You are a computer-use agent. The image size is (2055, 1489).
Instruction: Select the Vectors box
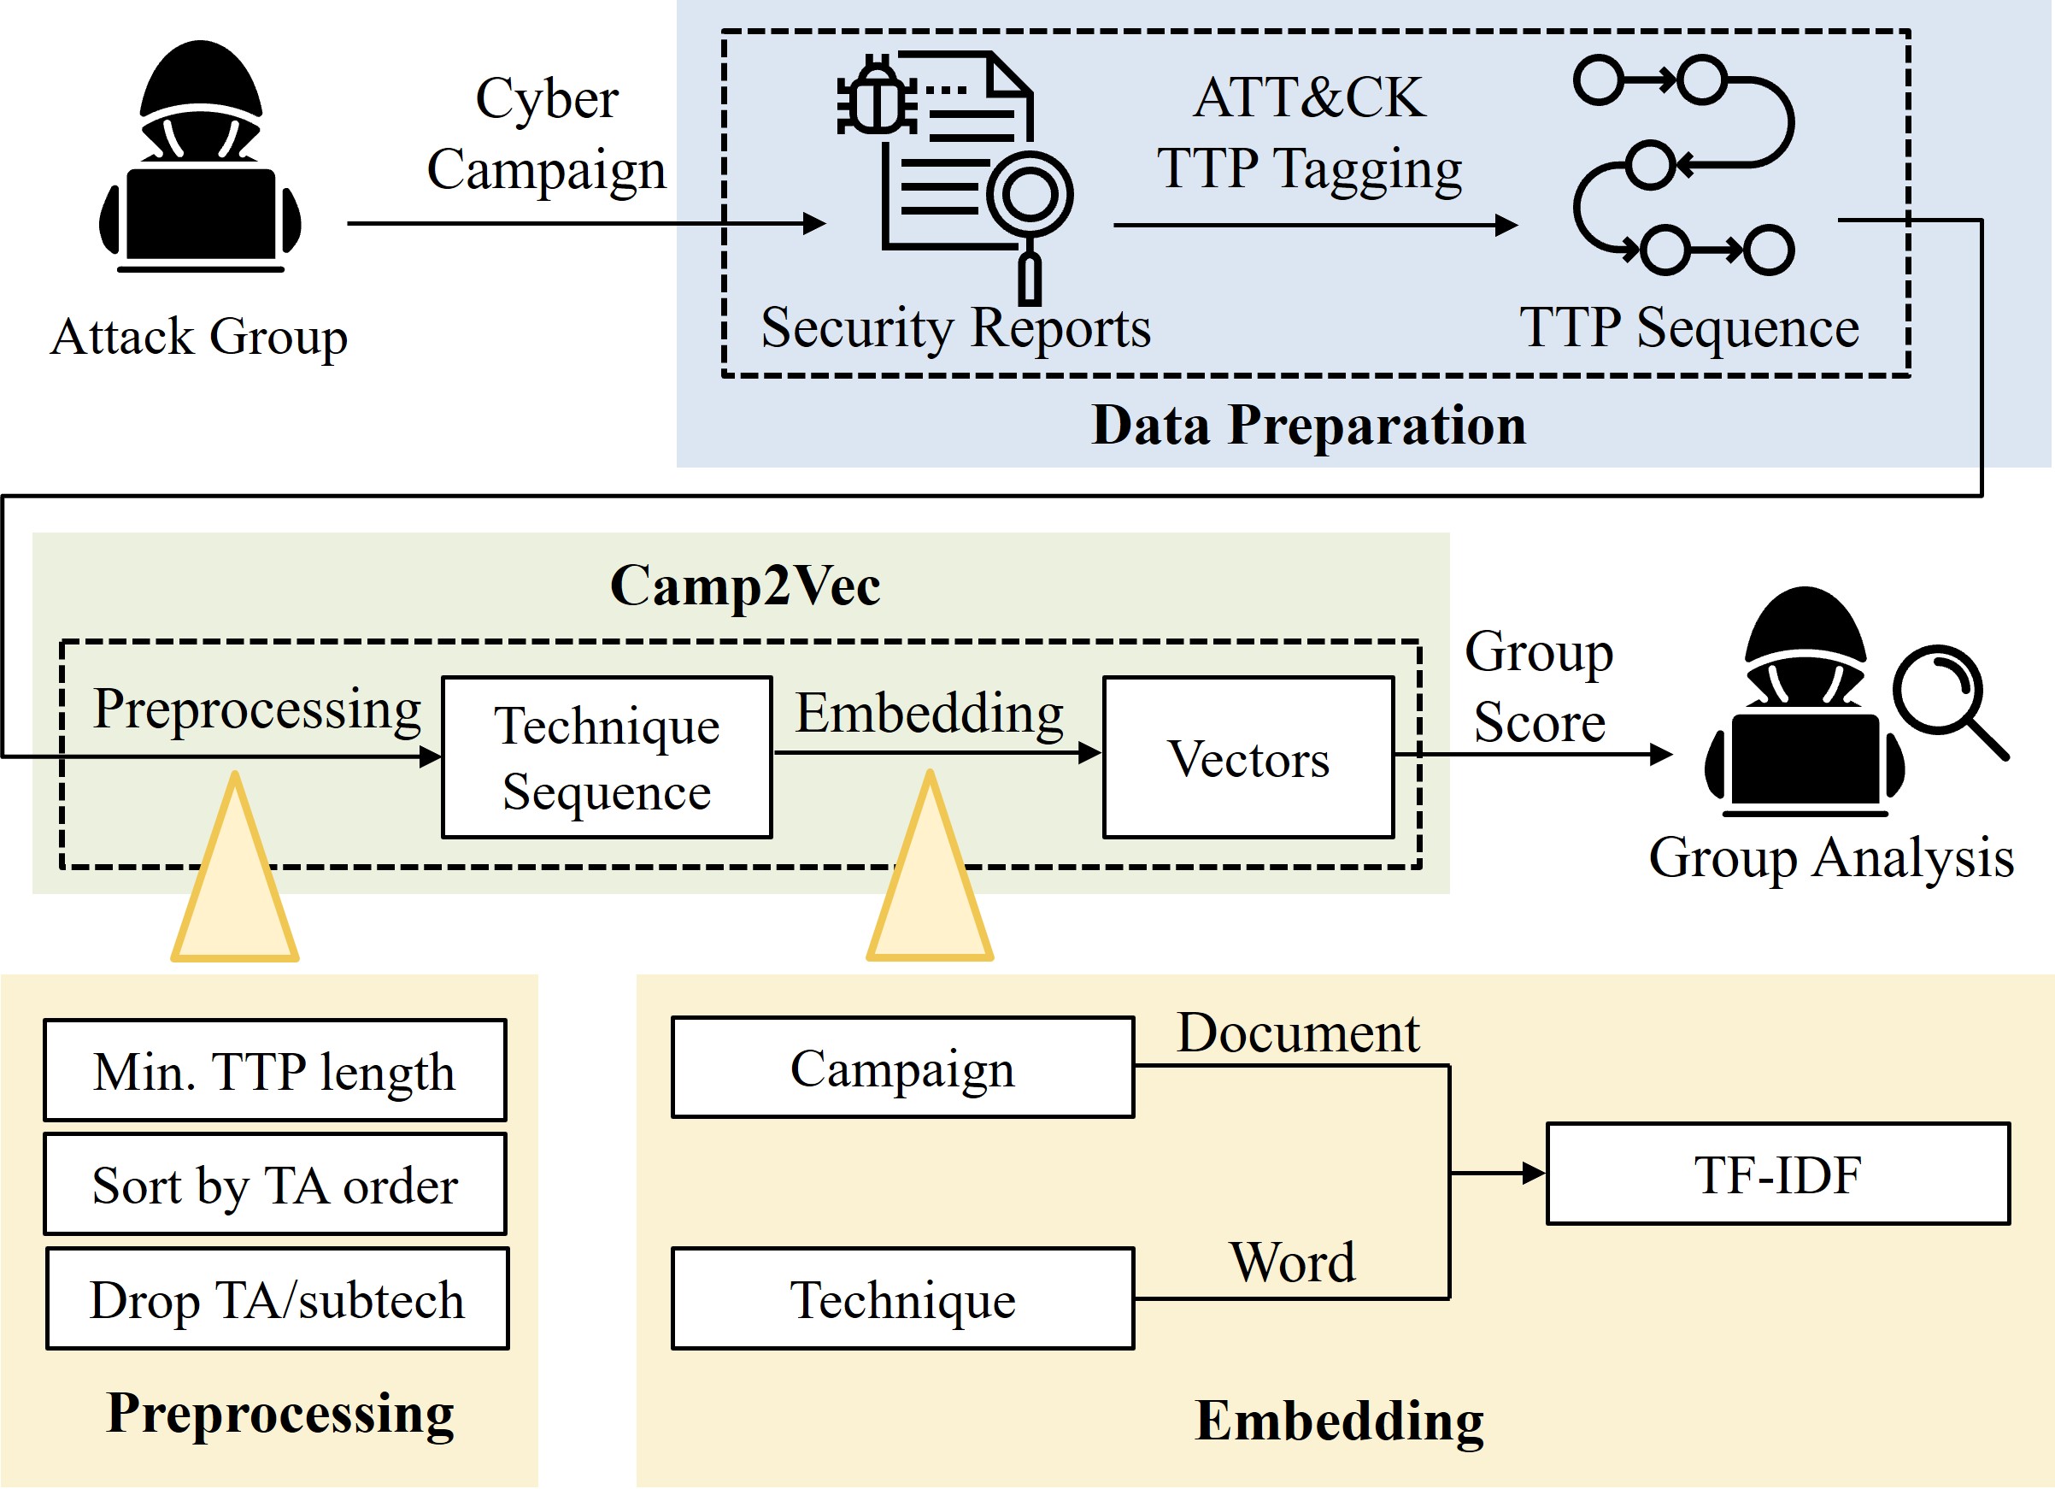coord(1248,757)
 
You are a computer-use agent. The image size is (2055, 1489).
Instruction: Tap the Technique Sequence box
coord(606,757)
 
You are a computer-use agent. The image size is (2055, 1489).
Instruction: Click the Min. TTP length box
coord(274,1070)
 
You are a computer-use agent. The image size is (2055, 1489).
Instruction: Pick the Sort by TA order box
coord(274,1184)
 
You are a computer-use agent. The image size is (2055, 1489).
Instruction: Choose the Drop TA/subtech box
coord(277,1298)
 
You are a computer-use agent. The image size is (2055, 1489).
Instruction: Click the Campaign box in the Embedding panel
coord(902,1068)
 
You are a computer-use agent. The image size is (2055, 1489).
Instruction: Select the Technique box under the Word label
coord(902,1298)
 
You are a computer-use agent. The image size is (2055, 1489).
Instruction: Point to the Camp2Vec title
coord(745,585)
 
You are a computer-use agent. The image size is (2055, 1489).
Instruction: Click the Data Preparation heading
coord(1308,424)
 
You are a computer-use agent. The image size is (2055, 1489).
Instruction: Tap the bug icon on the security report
coord(875,95)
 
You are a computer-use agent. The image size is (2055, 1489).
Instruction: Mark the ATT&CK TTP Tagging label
coord(1308,132)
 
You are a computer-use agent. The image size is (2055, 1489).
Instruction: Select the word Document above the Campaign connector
coord(1298,1033)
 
